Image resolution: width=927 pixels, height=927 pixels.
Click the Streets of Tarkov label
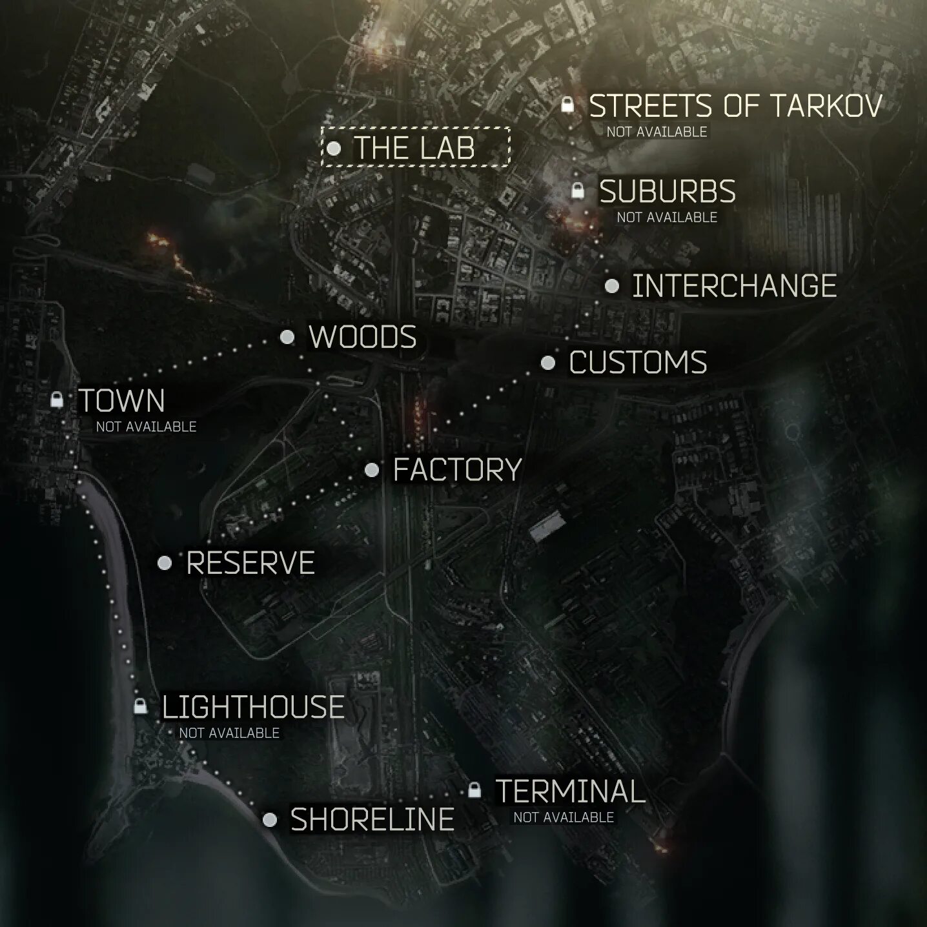pos(735,106)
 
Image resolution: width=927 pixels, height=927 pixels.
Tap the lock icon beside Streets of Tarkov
pos(567,105)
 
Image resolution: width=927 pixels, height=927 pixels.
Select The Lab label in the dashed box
pos(414,148)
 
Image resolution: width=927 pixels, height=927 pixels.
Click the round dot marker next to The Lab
pos(334,148)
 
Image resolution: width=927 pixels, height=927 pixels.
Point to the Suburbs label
pos(667,192)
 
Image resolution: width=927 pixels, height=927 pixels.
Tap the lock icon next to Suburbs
pos(578,190)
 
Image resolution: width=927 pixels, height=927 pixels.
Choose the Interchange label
pos(734,286)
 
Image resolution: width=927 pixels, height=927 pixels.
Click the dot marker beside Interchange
pos(612,286)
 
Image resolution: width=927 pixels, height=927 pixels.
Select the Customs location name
pos(638,363)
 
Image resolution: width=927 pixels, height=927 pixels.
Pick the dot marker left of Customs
pos(547,363)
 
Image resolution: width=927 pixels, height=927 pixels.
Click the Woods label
pos(363,337)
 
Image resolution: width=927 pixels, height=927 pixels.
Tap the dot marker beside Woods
pos(287,337)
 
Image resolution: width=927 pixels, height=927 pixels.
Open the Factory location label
pos(457,469)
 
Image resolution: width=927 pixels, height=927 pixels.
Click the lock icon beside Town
pos(57,400)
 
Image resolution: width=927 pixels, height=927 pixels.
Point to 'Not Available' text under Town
pos(146,427)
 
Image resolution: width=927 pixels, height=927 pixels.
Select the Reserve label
pos(250,563)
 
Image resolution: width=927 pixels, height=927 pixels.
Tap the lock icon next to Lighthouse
pos(140,706)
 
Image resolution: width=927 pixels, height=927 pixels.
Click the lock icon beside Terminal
pos(474,789)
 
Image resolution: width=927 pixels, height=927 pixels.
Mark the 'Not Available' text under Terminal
pos(563,817)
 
